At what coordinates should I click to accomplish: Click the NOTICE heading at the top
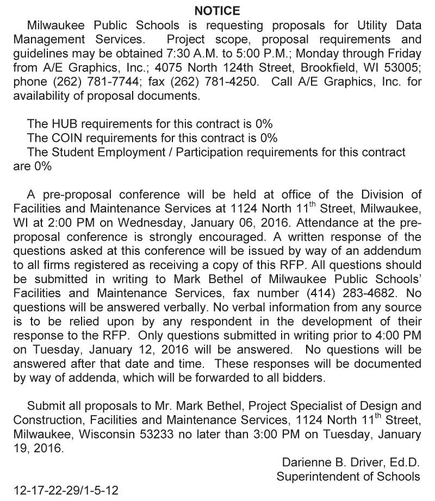pos(217,10)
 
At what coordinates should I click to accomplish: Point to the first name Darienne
pos(306,462)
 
